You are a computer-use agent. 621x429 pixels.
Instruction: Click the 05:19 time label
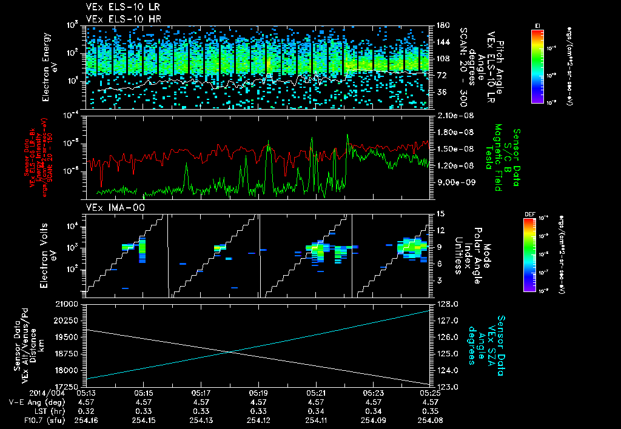[258, 393]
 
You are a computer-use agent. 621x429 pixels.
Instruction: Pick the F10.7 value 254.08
[430, 420]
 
